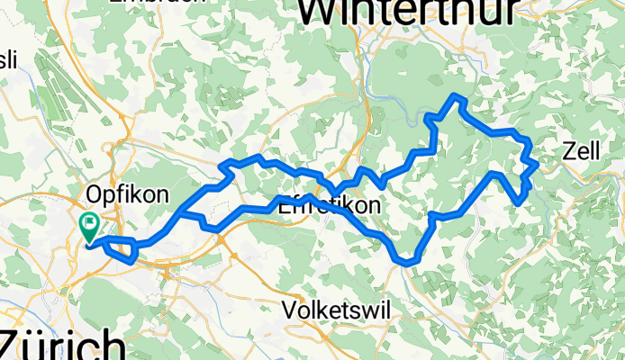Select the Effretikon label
(329, 205)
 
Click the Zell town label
(580, 153)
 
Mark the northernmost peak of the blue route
(457, 96)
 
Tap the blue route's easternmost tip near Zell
(537, 164)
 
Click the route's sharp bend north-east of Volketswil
(407, 263)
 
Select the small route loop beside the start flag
(122, 249)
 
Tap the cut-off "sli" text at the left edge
(7, 60)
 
